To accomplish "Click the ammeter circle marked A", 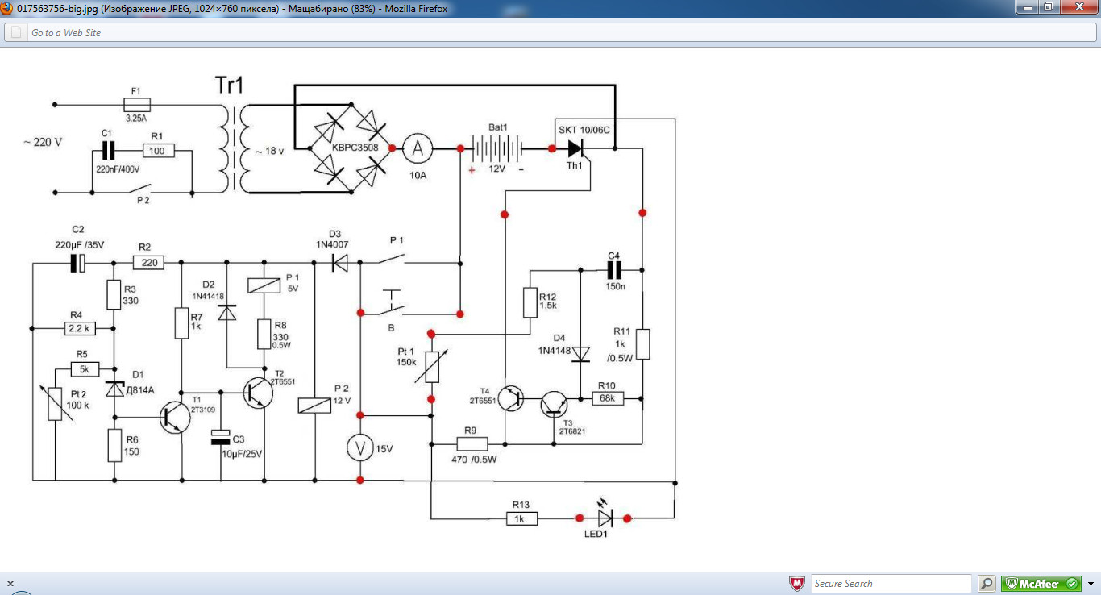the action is point(418,148).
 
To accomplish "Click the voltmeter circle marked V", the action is point(359,448).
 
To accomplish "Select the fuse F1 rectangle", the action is point(137,104).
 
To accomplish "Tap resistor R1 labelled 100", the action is point(158,151).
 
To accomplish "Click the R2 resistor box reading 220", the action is point(148,263).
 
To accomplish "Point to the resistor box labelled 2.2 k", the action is point(80,328).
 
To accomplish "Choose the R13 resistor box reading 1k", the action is point(521,518).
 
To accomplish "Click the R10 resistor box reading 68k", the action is point(608,398).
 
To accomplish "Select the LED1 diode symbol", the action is point(605,518).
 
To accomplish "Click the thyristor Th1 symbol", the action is point(575,148).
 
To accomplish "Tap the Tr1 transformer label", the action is point(230,85).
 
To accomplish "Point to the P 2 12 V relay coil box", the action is point(314,406).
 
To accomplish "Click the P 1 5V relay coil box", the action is point(264,285).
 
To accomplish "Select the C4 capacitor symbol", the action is point(614,270).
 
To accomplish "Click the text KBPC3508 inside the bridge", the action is point(355,148).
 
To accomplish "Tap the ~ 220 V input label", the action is point(43,142).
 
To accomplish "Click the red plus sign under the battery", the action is point(472,170).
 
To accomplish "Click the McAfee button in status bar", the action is point(1041,584).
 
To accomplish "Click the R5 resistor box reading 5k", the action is point(85,368).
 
